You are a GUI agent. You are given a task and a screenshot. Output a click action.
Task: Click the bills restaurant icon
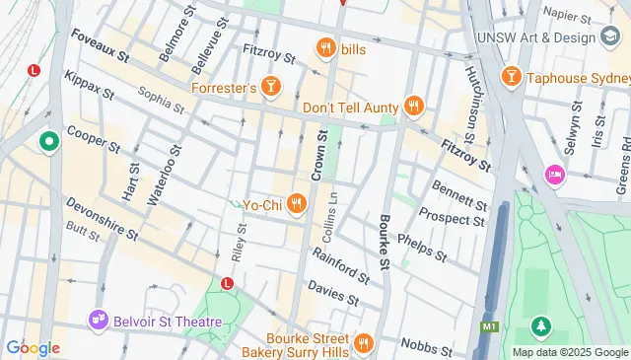point(324,47)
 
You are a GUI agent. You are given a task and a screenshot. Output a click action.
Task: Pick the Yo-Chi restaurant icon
point(296,204)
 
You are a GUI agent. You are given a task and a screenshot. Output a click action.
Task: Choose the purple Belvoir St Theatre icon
point(97,318)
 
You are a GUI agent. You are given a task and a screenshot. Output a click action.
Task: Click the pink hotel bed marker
point(554,175)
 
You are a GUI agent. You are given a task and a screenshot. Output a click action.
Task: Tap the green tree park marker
point(540,324)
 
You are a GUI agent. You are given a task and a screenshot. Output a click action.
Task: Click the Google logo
point(33,347)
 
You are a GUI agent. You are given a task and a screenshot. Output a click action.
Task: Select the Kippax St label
point(88,87)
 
